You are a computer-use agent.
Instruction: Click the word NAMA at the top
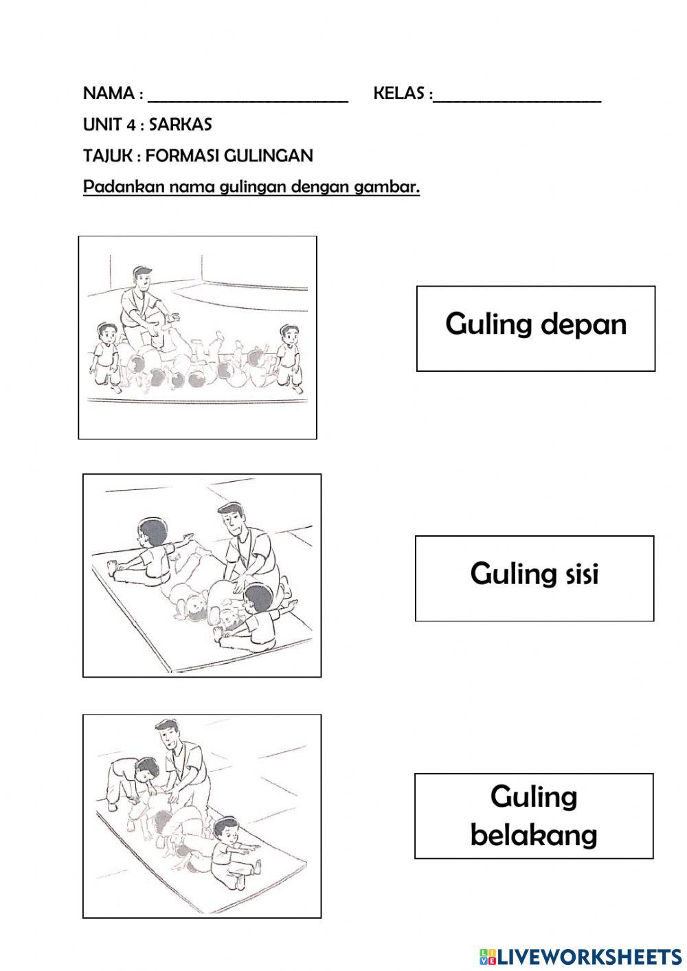point(109,93)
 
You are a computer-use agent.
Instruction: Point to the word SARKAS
point(180,124)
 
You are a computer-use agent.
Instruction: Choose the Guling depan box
point(535,328)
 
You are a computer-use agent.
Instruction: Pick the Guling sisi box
point(534,579)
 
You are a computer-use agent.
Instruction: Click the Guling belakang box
point(534,816)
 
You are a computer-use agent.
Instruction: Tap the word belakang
point(534,835)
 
